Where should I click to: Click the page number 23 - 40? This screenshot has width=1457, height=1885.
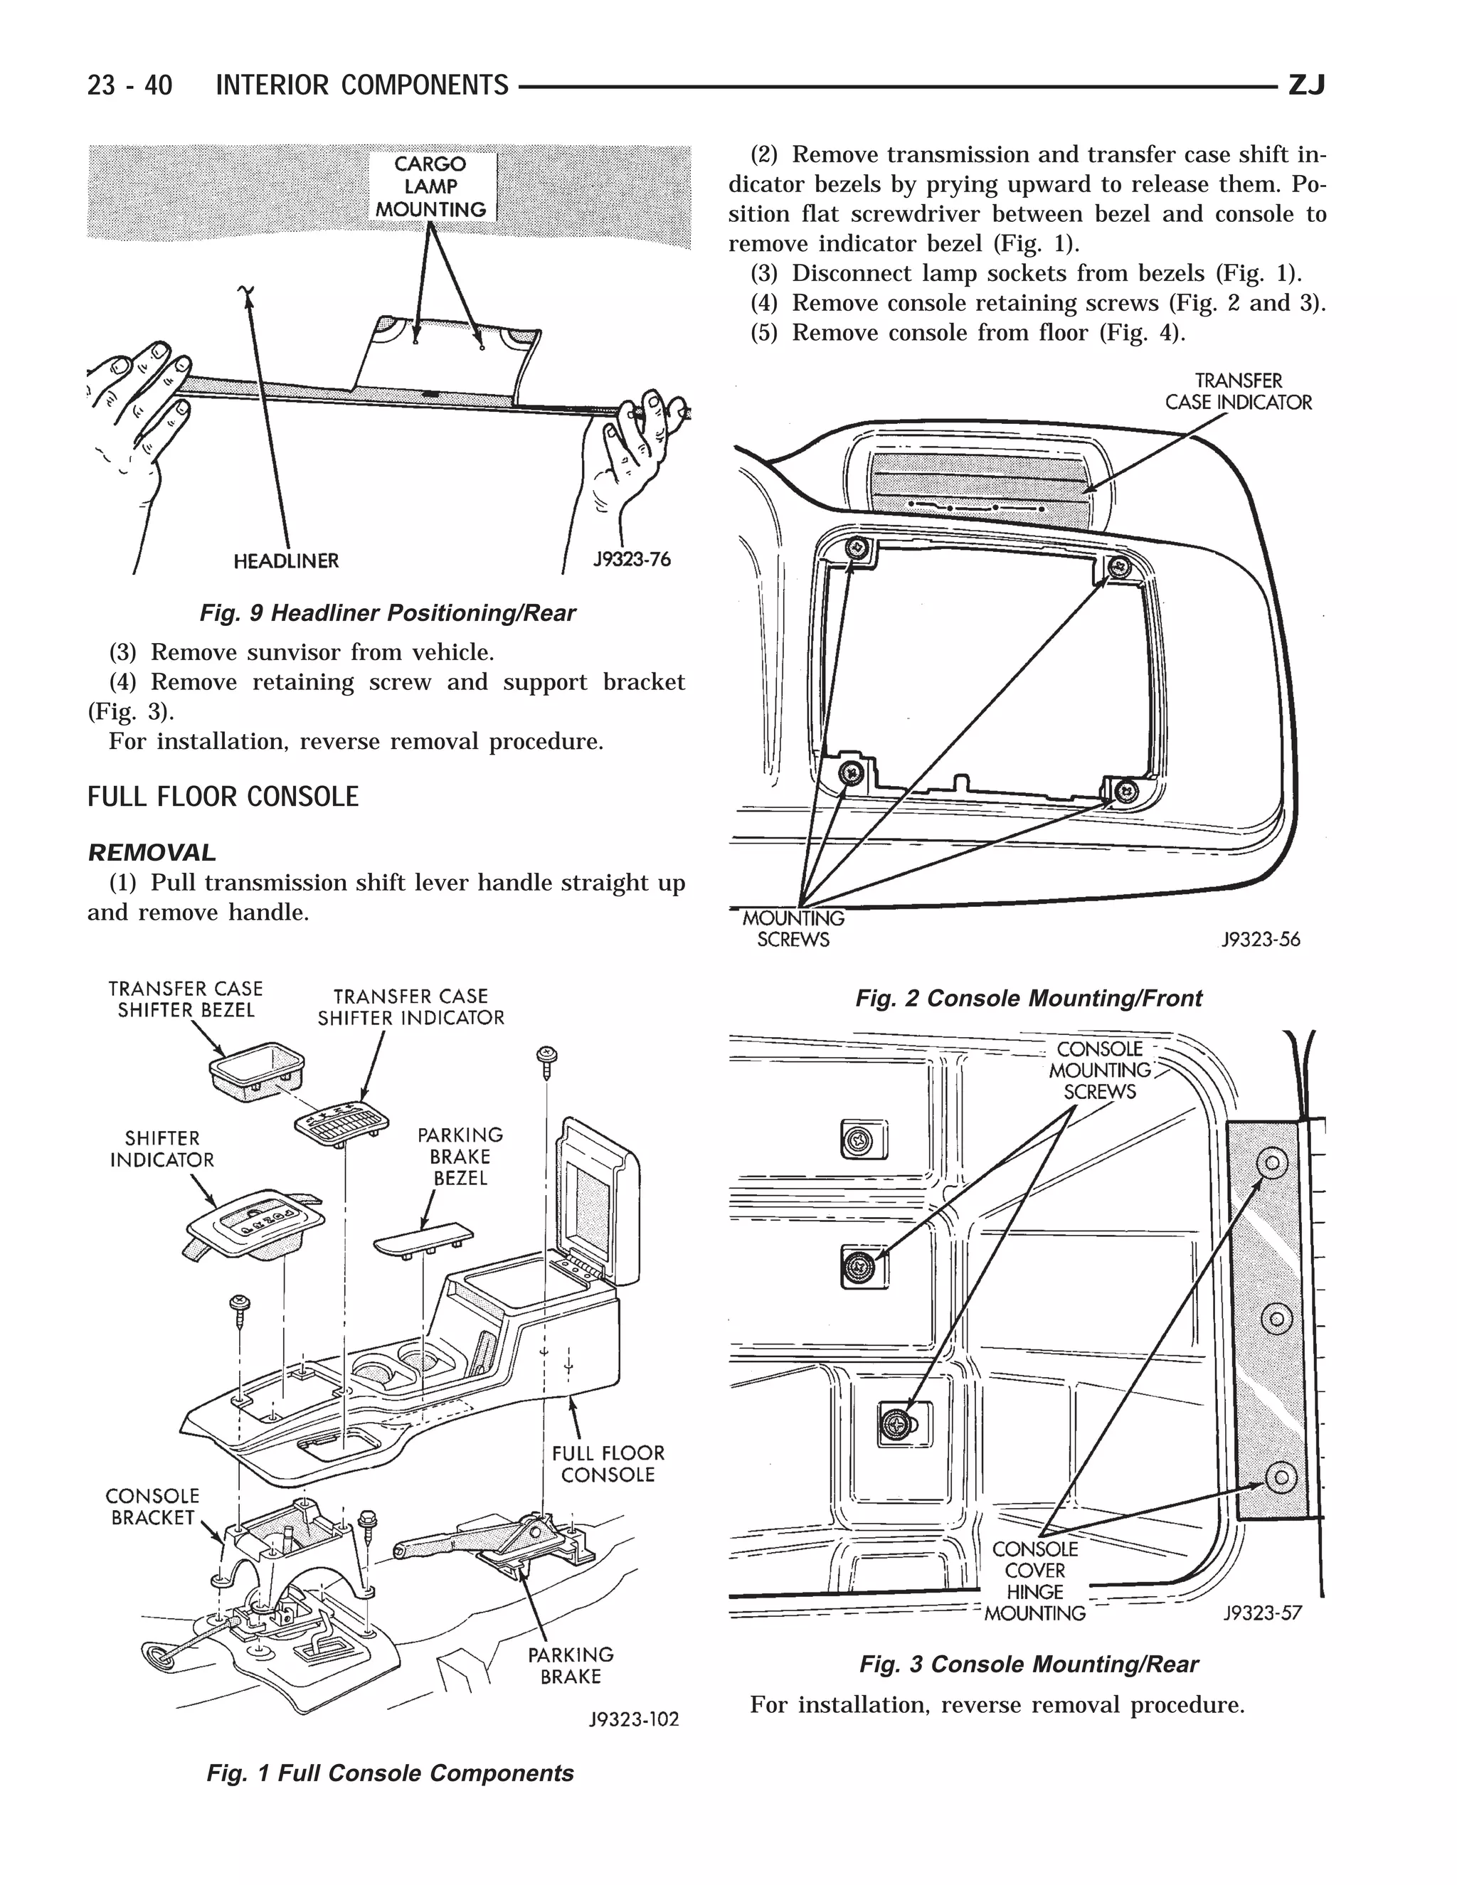click(129, 85)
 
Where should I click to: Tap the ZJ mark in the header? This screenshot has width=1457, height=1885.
click(1306, 85)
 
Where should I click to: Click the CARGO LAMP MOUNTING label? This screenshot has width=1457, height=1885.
click(430, 186)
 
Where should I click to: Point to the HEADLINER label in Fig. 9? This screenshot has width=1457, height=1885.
click(287, 561)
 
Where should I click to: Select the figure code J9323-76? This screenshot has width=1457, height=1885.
click(631, 559)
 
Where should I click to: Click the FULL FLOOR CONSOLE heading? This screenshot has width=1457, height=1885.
click(223, 796)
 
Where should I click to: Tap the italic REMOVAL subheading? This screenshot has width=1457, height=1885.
click(152, 853)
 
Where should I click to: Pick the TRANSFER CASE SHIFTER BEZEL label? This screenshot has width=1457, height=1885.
click(186, 999)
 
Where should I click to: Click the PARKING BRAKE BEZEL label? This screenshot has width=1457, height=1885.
click(460, 1157)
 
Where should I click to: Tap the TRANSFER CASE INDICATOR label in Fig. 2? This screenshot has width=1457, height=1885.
click(1238, 392)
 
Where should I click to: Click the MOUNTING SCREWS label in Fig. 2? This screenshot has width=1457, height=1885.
click(793, 929)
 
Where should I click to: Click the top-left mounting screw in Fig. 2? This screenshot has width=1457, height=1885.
click(857, 546)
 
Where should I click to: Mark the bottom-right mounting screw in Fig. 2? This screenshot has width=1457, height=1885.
click(1125, 790)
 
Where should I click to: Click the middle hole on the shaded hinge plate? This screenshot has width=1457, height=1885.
click(1276, 1318)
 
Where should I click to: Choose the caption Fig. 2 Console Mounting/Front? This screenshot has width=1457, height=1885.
click(1028, 998)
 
